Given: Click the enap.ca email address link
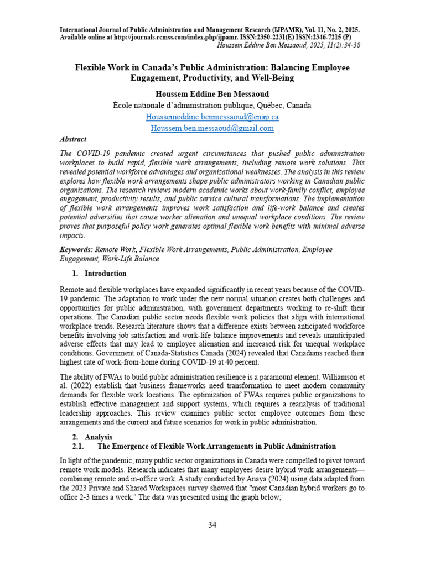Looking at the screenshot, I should (x=212, y=117).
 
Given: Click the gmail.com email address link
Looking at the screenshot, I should (x=212, y=128).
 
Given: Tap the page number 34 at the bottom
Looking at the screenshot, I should (x=212, y=525).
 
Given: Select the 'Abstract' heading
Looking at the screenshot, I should (x=73, y=140).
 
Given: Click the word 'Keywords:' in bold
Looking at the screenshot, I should (x=76, y=250).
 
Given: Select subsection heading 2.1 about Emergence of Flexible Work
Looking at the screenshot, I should (x=204, y=446).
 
